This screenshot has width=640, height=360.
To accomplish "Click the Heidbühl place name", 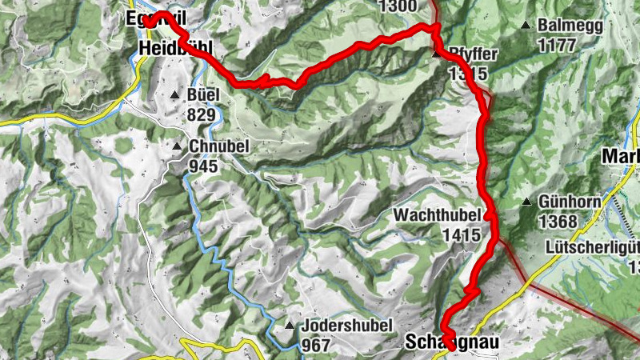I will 175,50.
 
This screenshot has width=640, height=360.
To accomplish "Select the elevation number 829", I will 199,115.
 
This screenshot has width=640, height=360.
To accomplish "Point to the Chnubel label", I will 219,146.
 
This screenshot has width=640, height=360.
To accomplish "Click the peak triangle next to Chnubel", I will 177,146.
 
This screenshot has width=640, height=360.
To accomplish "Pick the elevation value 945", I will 204,166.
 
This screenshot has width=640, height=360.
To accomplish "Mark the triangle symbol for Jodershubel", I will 289,326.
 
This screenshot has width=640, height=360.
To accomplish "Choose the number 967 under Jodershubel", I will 316,346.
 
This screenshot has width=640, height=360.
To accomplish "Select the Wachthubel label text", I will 437,216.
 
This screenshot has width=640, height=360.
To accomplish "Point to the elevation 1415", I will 464,235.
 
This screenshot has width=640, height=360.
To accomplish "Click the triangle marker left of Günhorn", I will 527,202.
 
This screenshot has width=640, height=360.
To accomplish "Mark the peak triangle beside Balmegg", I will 526,26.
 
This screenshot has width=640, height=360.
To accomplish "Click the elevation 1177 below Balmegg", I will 557,45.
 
